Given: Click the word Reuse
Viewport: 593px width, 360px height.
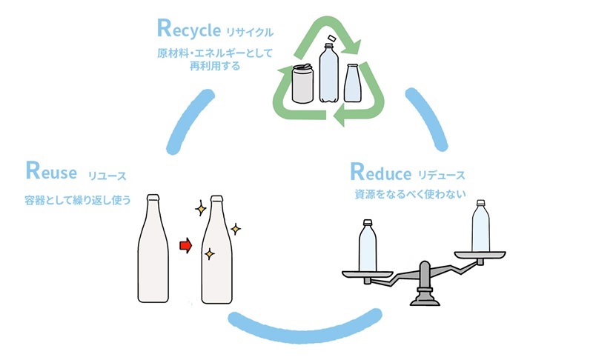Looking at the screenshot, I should click(51, 173).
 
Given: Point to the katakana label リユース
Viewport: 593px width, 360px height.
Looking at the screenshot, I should click(107, 176).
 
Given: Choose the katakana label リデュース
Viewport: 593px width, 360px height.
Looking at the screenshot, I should click(441, 176).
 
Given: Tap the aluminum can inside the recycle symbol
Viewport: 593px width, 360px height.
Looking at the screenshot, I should click(302, 84).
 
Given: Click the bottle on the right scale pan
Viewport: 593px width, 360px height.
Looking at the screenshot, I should click(482, 226).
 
